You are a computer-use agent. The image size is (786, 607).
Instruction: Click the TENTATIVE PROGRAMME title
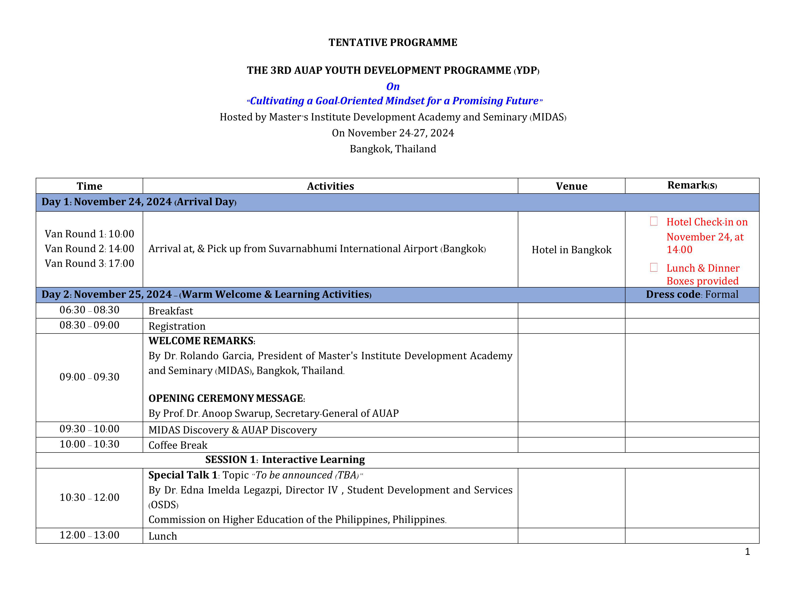point(393,42)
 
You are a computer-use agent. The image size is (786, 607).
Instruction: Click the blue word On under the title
point(393,86)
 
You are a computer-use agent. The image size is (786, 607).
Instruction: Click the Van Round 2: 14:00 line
point(89,249)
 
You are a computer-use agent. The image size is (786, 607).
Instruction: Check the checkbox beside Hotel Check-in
point(654,221)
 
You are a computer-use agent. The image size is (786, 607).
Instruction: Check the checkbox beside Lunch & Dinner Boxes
point(654,267)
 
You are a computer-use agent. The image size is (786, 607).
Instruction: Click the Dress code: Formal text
point(692,294)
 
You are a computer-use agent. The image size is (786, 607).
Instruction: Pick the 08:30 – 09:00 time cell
point(89,325)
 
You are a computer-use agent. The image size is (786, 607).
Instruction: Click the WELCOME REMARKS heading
point(202,341)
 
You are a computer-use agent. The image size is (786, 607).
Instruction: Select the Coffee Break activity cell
point(178,445)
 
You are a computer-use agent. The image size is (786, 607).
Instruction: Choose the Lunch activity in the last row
point(163,536)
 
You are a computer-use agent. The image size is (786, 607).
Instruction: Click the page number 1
point(747,552)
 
